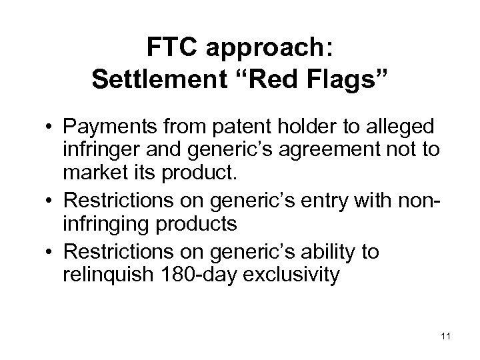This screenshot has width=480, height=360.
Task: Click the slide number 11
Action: pyautogui.click(x=446, y=335)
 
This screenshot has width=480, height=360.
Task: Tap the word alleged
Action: pyautogui.click(x=406, y=127)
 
